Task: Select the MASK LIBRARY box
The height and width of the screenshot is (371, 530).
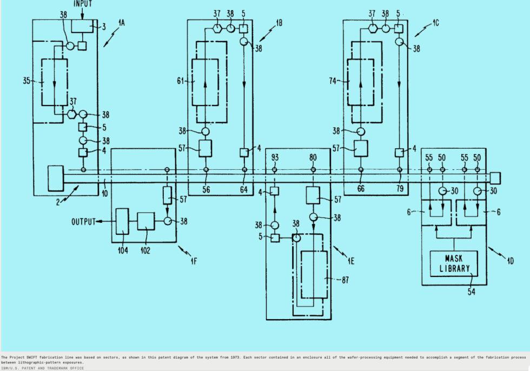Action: (453, 262)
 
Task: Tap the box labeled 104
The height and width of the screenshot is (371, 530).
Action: (122, 221)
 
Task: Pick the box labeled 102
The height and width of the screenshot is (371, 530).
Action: (145, 221)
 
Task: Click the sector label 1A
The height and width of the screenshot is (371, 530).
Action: (121, 23)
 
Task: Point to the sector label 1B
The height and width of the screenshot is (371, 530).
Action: (279, 23)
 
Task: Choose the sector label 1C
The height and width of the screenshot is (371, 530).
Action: (435, 23)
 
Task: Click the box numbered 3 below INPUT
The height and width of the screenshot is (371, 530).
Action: (83, 25)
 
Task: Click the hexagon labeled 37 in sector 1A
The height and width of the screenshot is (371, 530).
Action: (71, 114)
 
